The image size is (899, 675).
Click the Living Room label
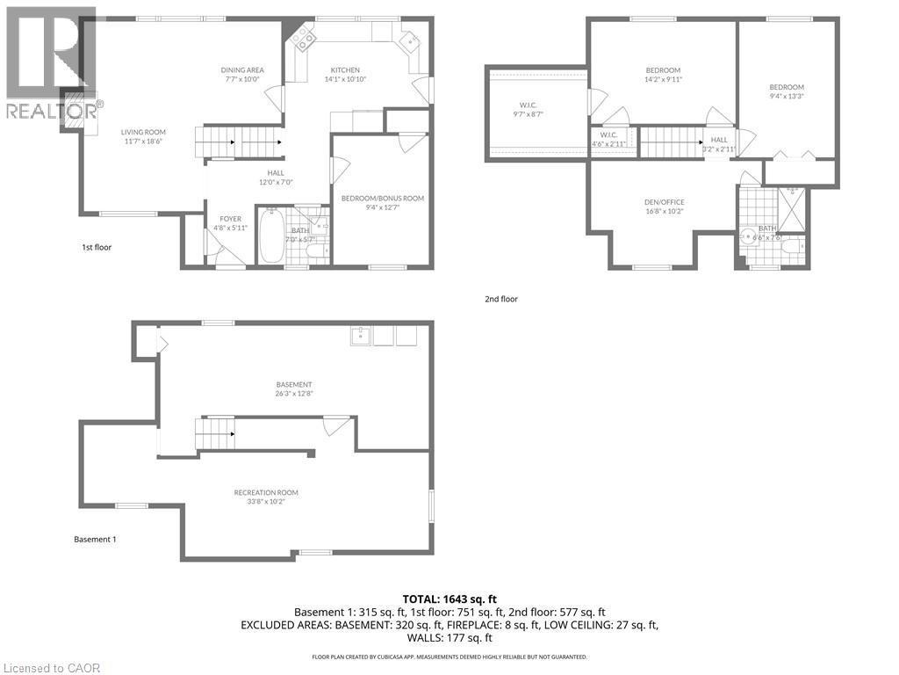[x=142, y=133]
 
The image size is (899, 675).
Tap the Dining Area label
[x=241, y=70]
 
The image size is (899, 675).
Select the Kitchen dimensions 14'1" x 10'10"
[x=344, y=79]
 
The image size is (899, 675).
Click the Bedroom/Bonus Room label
[x=382, y=199]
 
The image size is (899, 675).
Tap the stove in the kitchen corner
[x=301, y=36]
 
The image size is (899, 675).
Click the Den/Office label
[x=664, y=202]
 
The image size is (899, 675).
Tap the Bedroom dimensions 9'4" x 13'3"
[x=786, y=96]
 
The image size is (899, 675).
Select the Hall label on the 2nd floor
[x=719, y=140]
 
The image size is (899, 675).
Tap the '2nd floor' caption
[x=501, y=299]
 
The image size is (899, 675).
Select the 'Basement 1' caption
[x=94, y=539]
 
